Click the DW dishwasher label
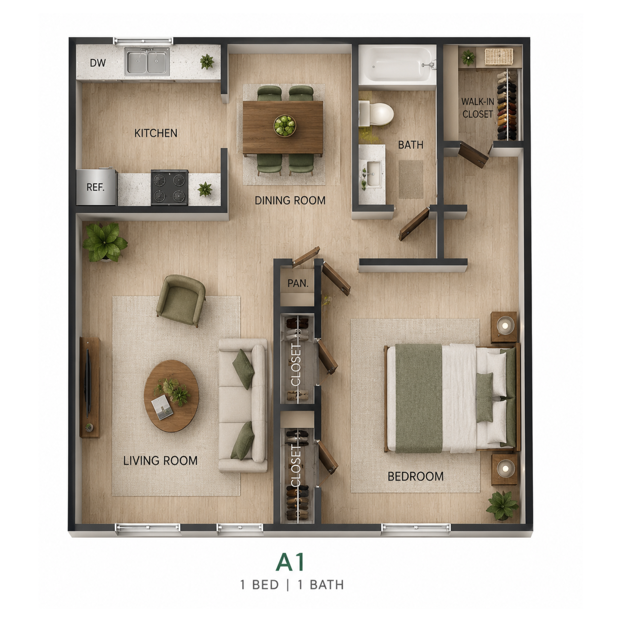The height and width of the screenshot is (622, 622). pos(98,63)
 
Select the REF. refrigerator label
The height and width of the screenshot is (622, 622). pos(96,187)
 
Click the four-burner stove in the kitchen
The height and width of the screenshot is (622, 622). pos(170,187)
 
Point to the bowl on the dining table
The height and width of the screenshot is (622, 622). pos(285,125)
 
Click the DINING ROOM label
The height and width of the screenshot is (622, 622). pos(290,201)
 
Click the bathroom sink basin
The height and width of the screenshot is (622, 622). pos(373,174)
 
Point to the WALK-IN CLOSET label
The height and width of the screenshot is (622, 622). pos(478,108)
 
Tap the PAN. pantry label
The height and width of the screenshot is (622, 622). pos(298,283)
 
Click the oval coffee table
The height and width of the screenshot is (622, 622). pos(171,396)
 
